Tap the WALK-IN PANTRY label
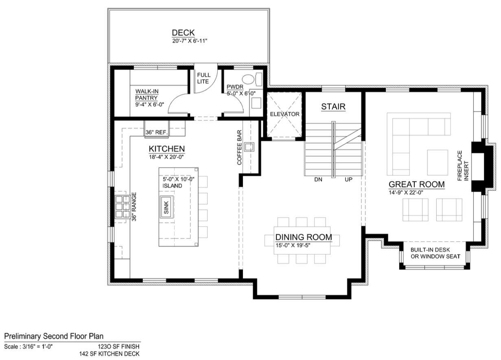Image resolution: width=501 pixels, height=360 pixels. pos(147,95)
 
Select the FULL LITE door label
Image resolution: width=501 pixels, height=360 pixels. pos(203,78)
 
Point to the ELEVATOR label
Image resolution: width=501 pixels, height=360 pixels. pos(285,114)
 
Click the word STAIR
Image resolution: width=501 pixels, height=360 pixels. pos(333,107)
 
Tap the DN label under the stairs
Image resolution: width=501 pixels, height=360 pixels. pos(318,179)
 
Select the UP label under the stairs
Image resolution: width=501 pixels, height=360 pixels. pos(348,179)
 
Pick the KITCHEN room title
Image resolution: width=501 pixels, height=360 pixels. pos(167,149)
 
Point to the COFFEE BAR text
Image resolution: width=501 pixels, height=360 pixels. pos(240,147)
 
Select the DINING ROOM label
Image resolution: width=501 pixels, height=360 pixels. pos(304,237)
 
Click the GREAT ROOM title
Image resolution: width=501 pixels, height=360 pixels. pos(416,184)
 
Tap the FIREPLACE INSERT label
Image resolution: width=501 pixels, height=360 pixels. pos(463,166)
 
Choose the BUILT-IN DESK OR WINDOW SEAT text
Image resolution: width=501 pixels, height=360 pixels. pos(435,253)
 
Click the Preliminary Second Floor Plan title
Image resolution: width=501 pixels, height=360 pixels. pos(54,336)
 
